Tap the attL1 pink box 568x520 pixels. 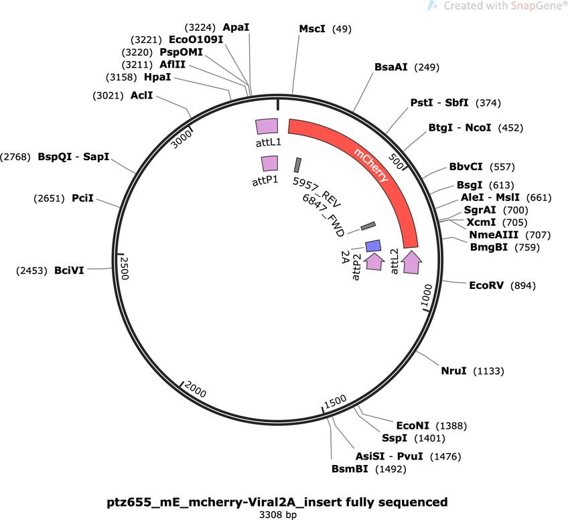267,127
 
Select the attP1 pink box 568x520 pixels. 270,164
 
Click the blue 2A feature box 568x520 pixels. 373,246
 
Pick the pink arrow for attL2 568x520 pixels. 412,261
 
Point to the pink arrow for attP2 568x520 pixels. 374,261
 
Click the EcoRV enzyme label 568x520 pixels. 486,285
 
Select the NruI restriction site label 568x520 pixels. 453,371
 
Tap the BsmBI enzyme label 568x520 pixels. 350,469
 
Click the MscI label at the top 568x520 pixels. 312,29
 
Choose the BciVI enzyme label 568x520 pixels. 69,270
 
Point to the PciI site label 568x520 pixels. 82,198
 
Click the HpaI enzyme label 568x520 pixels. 157,77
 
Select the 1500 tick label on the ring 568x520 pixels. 336,401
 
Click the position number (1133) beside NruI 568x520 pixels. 489,371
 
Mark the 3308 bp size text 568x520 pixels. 278,515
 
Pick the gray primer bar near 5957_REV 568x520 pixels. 297,166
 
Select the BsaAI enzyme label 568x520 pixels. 391,67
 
